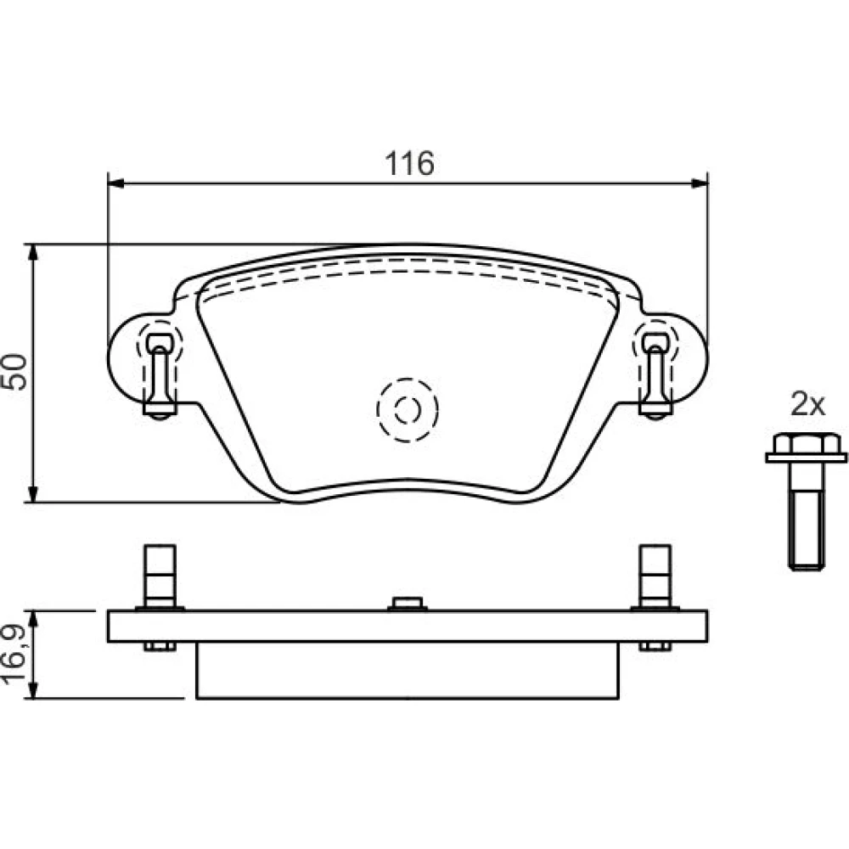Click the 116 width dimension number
pos(409,163)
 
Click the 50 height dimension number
pos(14,372)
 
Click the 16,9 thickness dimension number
pos(14,654)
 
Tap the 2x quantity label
pos(807,404)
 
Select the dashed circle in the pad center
pos(408,410)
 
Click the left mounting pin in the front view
pos(160,375)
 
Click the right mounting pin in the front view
pos(655,375)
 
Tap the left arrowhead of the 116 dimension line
pos(115,183)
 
